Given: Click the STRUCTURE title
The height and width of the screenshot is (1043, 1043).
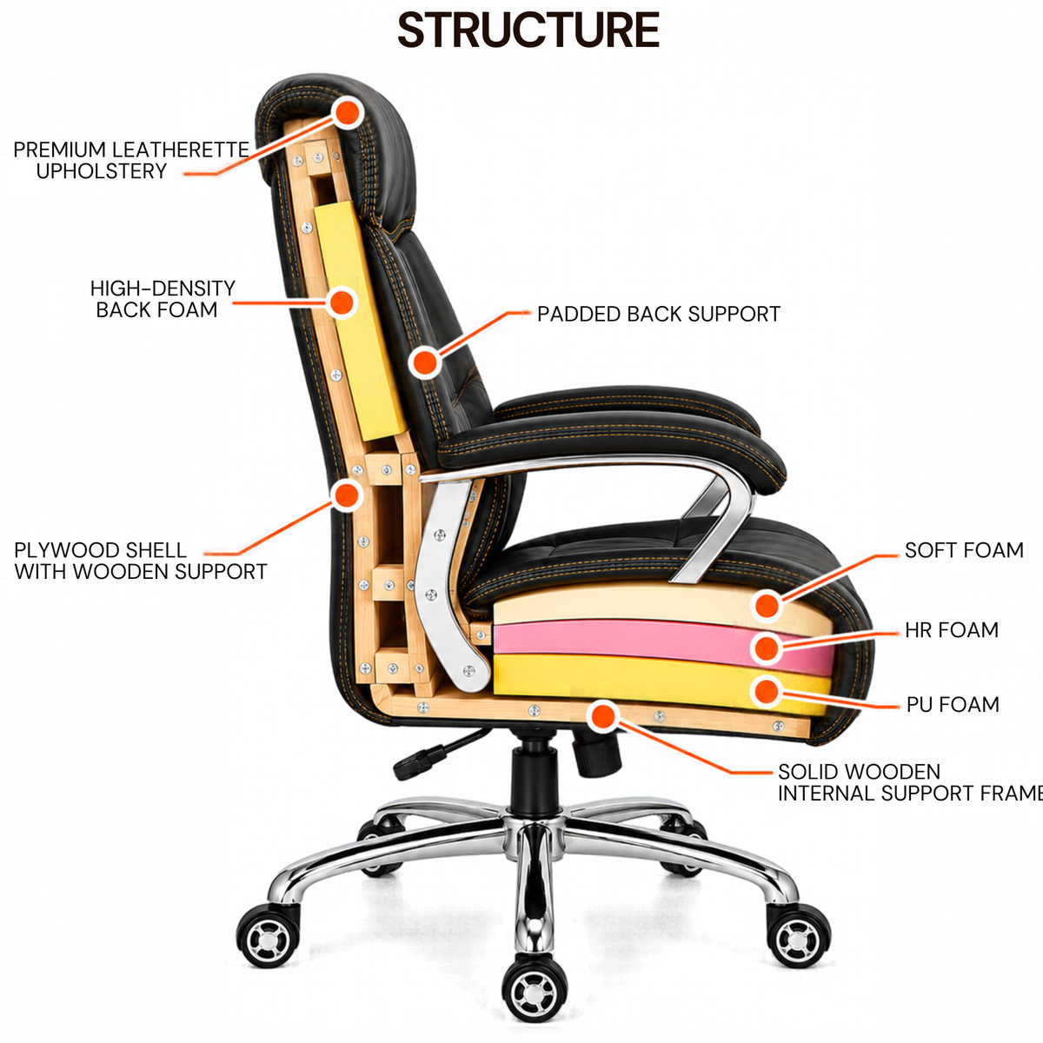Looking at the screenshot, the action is pos(528,30).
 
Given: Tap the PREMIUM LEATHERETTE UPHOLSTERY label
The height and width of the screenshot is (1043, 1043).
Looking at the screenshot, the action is pos(131,160).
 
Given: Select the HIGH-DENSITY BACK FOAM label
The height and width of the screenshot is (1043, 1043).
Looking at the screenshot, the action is pos(163,299).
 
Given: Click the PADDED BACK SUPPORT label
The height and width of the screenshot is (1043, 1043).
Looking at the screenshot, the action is pos(659,314).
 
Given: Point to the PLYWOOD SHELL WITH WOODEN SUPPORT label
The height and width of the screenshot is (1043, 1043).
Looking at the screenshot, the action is pos(141,561).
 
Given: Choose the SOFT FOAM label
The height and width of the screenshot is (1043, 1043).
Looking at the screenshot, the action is pos(964,550).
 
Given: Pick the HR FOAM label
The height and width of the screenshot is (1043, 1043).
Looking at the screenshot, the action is pos(952,629).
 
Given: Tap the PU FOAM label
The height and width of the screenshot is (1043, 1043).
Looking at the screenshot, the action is pos(953,704).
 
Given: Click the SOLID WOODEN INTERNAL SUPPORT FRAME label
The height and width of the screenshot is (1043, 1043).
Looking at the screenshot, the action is pos(910,782).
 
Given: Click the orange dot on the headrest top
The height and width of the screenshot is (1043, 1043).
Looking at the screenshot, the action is pos(348,112).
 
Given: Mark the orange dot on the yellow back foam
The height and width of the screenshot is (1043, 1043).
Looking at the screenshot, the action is pos(342,302).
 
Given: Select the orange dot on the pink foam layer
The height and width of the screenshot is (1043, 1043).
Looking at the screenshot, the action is pos(767,648).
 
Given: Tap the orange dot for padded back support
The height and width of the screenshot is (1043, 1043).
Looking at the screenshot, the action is pos(425,362).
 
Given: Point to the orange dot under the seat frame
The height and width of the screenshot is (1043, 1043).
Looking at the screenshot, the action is pos(602,716).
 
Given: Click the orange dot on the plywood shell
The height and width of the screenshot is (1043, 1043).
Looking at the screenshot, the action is pos(347,495).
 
